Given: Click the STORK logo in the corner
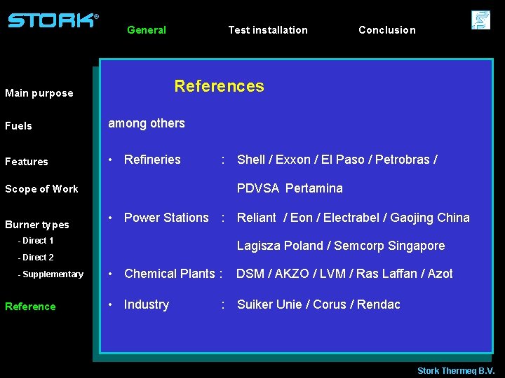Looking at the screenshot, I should (x=53, y=20).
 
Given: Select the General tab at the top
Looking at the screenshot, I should (x=147, y=30).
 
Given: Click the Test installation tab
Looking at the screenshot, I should (x=268, y=30).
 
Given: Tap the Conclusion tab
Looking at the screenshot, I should (x=386, y=30).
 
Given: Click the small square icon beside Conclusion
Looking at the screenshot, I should (x=480, y=20).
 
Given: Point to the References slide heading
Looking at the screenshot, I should (x=219, y=86).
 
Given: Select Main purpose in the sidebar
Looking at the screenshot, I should (x=39, y=93).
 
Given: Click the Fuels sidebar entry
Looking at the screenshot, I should (x=19, y=126).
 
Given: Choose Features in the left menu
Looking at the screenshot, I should (x=27, y=162).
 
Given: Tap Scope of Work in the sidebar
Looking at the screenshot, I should (x=41, y=189).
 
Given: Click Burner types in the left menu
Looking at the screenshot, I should (x=37, y=225).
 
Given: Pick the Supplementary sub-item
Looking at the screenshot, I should (x=50, y=274).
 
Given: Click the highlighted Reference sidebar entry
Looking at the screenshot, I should (x=30, y=307).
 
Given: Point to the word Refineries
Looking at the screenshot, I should (x=152, y=160).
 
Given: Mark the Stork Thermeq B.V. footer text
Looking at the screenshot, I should (x=456, y=370).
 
